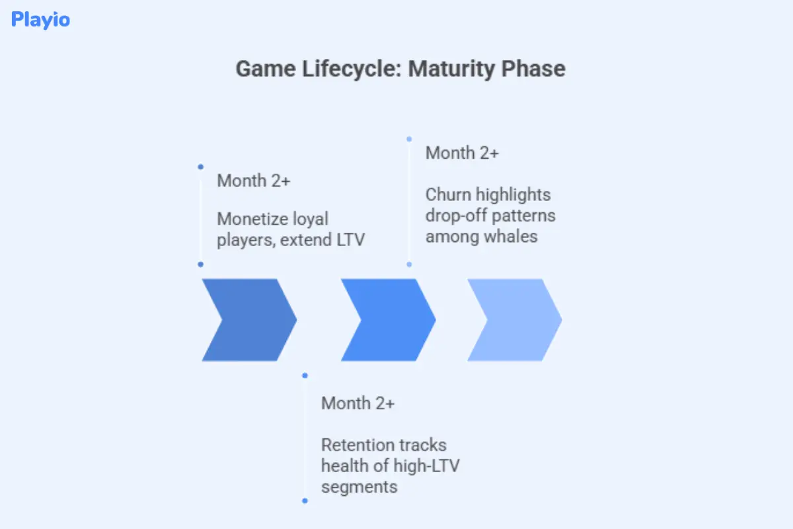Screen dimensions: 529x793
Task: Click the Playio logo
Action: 40,20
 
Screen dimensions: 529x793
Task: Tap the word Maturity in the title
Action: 449,69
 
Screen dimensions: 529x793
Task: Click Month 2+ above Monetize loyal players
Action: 253,181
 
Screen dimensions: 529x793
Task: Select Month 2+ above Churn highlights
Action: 462,153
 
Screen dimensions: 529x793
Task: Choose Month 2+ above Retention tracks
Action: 358,403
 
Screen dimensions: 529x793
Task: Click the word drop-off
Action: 454,216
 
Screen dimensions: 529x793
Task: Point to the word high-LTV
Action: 423,466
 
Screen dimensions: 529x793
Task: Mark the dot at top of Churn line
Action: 409,140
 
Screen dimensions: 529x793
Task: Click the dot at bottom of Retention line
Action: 305,501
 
